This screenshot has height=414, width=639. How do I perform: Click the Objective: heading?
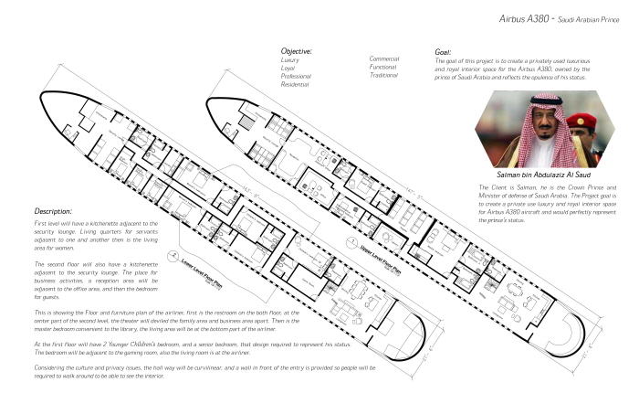click(297, 51)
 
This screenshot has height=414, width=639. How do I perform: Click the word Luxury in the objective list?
click(289, 60)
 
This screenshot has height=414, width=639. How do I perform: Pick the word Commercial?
click(384, 58)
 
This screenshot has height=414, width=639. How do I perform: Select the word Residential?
click(295, 84)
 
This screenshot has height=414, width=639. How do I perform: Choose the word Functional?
click(383, 67)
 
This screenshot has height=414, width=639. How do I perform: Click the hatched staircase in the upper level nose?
click(247, 126)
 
